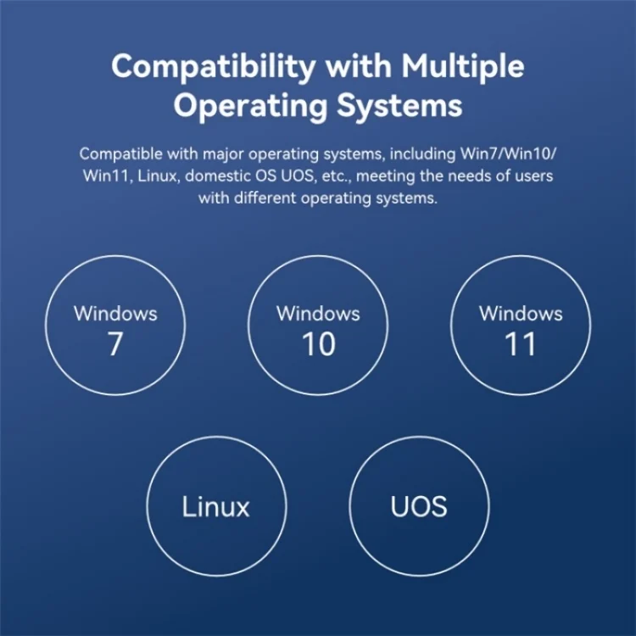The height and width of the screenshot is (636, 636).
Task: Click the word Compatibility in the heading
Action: (x=214, y=67)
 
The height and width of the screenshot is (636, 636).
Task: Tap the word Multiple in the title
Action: (x=463, y=67)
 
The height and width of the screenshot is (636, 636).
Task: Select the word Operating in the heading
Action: (x=250, y=106)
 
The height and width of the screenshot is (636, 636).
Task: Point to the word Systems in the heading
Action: (x=399, y=105)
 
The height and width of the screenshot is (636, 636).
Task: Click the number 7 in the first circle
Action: (x=115, y=344)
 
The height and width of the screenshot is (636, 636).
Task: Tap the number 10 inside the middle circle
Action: (x=318, y=344)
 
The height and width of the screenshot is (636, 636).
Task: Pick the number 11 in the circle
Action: (x=521, y=344)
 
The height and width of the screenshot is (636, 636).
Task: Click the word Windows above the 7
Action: (x=115, y=314)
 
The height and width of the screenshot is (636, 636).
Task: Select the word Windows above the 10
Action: (x=318, y=314)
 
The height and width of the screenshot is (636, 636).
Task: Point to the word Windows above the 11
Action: (x=522, y=314)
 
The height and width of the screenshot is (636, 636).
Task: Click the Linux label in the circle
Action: (x=215, y=506)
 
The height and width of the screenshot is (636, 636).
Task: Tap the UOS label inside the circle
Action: (x=419, y=506)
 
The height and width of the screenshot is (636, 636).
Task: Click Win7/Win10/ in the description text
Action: (x=508, y=154)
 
